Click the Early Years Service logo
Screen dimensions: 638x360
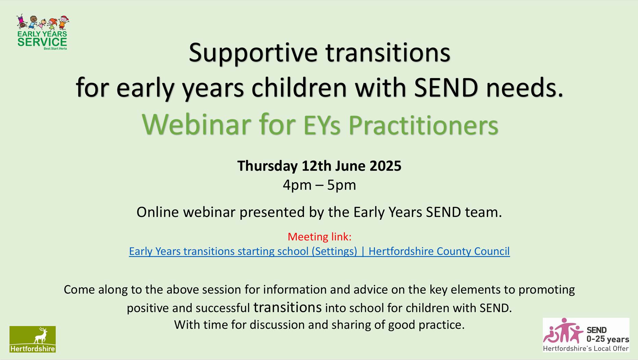coord(42,32)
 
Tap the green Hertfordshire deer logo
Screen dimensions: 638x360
coord(33,339)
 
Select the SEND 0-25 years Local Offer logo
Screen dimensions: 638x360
coord(586,335)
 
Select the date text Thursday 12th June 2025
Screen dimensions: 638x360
coord(319,166)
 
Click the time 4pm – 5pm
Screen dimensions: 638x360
coord(319,185)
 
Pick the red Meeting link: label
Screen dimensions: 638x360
coord(319,236)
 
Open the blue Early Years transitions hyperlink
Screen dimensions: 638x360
coord(319,251)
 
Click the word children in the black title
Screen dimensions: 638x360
coord(299,88)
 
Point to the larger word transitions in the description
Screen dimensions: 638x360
coord(287,307)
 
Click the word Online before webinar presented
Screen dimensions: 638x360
coord(158,212)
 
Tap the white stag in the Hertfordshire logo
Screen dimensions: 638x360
coord(41,335)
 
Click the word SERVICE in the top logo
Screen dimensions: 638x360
coord(42,42)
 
